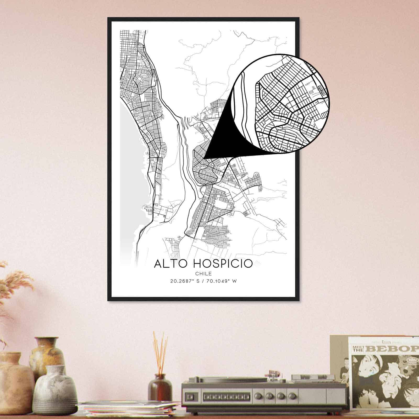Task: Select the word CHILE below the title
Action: coord(203,274)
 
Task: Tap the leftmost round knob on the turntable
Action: coord(268,395)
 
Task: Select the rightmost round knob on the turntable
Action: coord(291,395)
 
